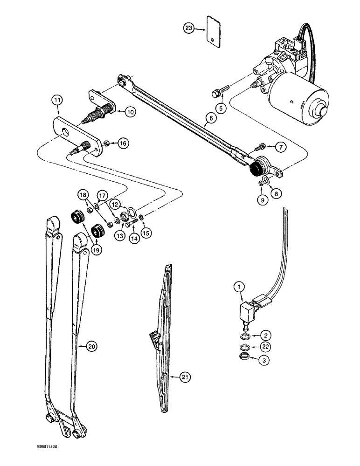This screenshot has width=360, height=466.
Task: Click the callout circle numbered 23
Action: [188, 28]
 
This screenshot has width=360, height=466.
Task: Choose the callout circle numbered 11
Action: [57, 99]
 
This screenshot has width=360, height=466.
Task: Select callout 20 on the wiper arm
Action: [92, 346]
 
